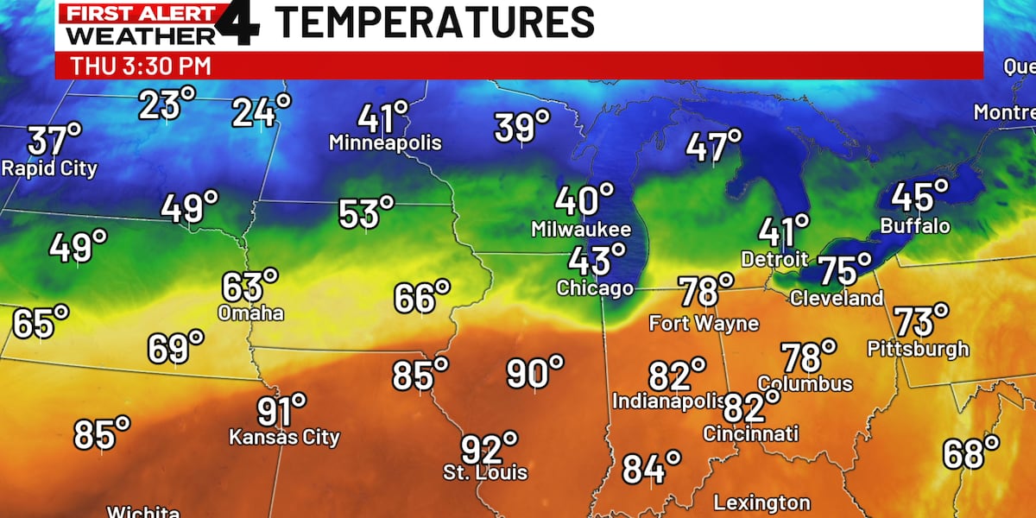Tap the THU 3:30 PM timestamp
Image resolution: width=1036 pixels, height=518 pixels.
[x=141, y=66]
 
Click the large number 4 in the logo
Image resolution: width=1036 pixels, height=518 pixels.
[x=239, y=23]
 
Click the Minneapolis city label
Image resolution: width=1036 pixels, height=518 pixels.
[x=385, y=143]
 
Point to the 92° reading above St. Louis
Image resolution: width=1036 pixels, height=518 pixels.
[x=489, y=449]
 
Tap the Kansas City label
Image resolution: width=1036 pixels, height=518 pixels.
[x=284, y=438]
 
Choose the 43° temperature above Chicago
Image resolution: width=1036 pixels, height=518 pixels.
[x=597, y=261]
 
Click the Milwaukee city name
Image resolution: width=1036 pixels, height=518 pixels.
[x=581, y=230]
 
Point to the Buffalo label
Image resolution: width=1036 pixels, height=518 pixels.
[x=915, y=226]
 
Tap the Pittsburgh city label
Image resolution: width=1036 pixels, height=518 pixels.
[x=919, y=350]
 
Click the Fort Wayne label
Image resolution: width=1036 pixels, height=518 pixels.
[x=704, y=324]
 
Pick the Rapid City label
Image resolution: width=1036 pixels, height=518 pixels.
[x=49, y=168]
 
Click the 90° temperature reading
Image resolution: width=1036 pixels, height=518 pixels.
[x=534, y=374]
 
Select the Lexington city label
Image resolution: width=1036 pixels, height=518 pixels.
[x=762, y=502]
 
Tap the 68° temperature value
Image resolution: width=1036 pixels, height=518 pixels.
[x=970, y=453]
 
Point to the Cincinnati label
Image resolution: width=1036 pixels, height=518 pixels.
[x=750, y=433]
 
